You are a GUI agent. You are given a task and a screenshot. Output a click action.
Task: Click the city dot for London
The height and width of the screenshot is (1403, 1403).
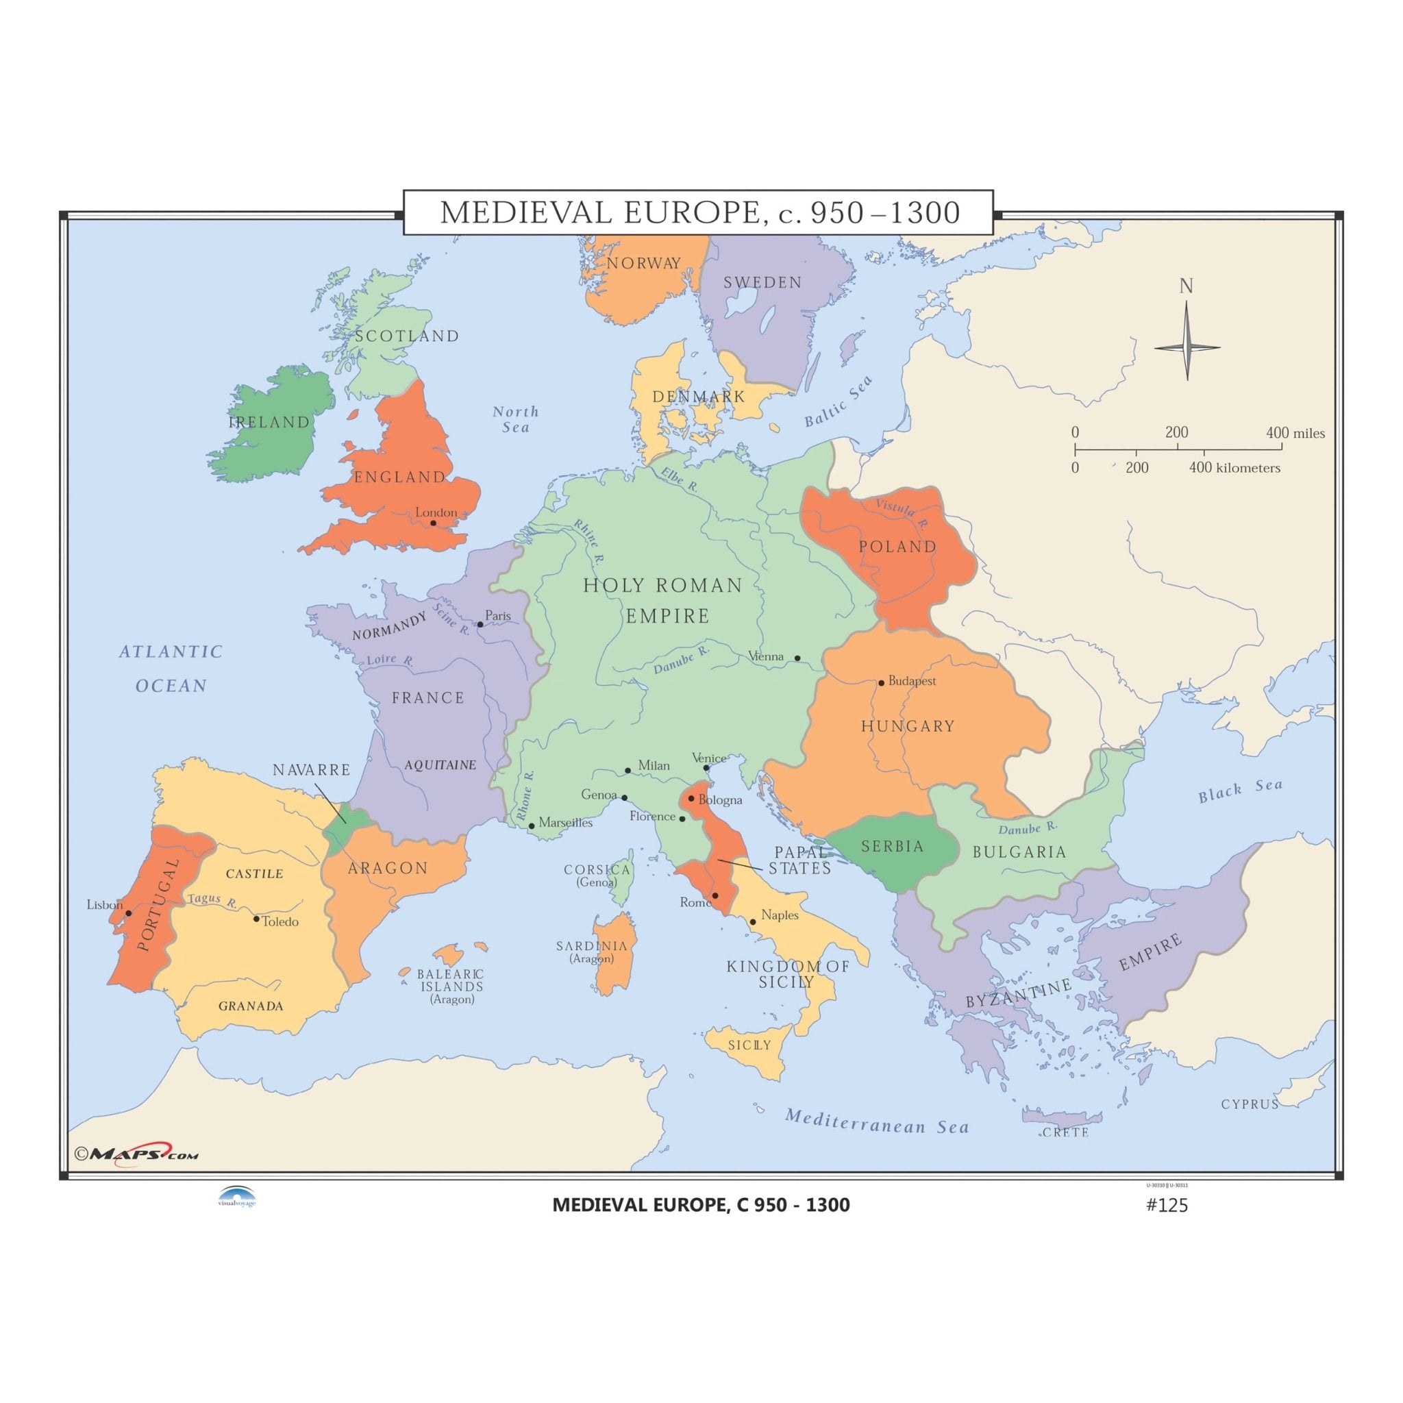433,523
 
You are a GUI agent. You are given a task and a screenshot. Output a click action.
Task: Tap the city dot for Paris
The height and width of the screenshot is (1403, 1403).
480,625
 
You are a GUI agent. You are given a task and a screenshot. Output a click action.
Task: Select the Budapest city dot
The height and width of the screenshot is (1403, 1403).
882,682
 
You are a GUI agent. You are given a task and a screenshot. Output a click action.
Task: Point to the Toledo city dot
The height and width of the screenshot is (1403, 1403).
256,919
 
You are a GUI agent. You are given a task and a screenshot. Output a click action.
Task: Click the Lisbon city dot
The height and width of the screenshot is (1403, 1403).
129,912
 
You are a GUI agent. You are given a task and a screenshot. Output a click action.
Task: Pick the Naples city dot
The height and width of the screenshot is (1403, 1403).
753,922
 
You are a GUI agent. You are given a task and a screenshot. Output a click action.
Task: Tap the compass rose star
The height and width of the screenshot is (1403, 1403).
1187,347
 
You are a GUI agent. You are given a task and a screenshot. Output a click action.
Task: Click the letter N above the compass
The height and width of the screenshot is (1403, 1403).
1186,287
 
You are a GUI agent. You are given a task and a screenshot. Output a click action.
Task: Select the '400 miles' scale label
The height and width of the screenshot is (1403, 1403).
1295,434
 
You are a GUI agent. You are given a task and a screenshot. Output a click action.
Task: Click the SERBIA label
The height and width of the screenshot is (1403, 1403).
893,847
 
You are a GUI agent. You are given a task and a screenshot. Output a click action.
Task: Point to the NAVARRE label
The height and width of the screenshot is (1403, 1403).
312,770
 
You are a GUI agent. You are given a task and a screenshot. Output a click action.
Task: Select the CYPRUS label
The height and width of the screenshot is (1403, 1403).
1250,1104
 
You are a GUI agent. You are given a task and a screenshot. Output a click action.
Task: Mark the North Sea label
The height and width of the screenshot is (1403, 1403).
516,419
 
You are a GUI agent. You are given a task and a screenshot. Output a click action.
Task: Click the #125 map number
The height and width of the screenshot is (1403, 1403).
1166,1206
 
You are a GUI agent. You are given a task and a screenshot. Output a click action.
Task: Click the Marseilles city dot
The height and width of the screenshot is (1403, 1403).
532,825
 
